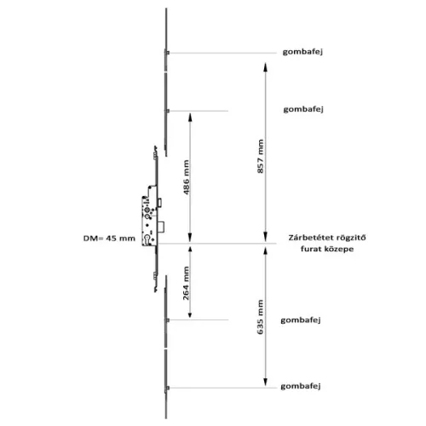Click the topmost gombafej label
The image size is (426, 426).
click(x=302, y=52)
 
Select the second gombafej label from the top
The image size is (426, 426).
click(x=303, y=109)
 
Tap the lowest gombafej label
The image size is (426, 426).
click(x=301, y=387)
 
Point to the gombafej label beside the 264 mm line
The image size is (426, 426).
click(x=301, y=320)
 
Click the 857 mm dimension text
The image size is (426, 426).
click(x=261, y=156)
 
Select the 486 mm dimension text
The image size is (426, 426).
click(x=186, y=177)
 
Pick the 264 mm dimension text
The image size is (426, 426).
click(x=186, y=283)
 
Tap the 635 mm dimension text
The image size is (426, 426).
click(x=261, y=317)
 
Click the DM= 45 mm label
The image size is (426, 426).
click(x=109, y=239)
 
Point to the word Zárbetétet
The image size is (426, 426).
click(x=308, y=238)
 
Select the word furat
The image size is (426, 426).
click(x=311, y=249)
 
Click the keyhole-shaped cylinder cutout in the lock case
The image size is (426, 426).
click(x=147, y=239)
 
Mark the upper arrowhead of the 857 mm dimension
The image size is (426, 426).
click(x=265, y=67)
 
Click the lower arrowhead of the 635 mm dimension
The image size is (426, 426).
click(x=265, y=382)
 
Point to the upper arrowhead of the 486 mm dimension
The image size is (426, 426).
click(x=190, y=118)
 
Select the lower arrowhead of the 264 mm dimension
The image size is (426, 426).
click(x=190, y=314)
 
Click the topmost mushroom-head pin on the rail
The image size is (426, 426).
click(x=167, y=53)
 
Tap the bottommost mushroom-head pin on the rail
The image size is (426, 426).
click(x=167, y=388)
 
